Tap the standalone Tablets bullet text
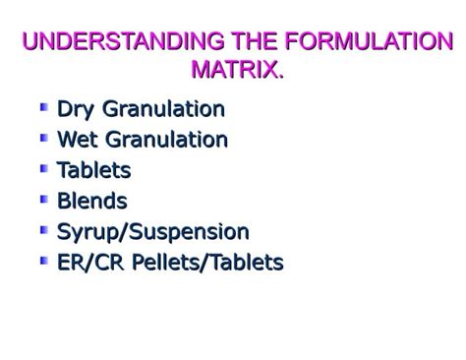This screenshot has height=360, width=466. click(x=93, y=170)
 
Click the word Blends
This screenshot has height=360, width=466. click(x=91, y=201)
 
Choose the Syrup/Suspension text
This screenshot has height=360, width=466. click(x=152, y=232)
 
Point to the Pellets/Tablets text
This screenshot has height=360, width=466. click(x=204, y=263)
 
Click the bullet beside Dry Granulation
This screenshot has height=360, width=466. click(x=44, y=106)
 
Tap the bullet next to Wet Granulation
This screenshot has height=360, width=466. click(x=44, y=137)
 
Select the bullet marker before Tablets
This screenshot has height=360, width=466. click(x=44, y=167)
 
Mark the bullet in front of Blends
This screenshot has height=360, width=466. click(x=44, y=198)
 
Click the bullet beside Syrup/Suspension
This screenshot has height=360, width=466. click(x=44, y=229)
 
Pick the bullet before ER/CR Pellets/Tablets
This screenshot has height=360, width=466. click(x=44, y=260)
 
